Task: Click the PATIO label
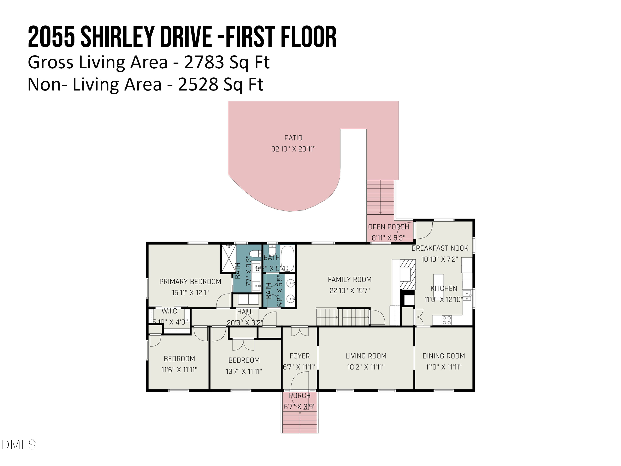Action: click(x=293, y=138)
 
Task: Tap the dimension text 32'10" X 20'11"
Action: click(x=293, y=149)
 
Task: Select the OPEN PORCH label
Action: click(x=389, y=227)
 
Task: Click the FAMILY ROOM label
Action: click(x=350, y=279)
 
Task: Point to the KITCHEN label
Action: click(x=444, y=289)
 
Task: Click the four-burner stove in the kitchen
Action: click(x=447, y=320)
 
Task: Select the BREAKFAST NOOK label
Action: click(x=440, y=248)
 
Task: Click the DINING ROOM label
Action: click(x=444, y=356)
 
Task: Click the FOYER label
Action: click(x=300, y=356)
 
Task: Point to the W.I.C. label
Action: click(x=170, y=311)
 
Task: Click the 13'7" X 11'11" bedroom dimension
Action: click(x=244, y=371)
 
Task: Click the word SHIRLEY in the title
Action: click(x=118, y=37)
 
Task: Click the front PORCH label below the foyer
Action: click(x=300, y=396)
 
